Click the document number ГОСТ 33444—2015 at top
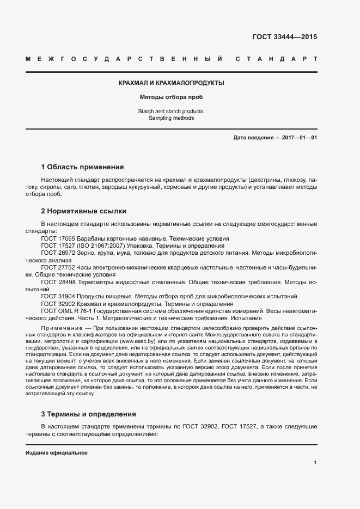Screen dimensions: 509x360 tap(284, 38)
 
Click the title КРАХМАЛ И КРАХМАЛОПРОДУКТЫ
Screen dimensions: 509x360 tap(172, 83)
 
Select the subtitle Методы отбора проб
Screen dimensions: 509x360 tap(172, 98)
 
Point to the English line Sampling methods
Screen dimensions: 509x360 tap(172, 118)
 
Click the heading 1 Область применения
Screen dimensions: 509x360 tap(83, 167)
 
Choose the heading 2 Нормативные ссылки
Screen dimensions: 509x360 tap(84, 210)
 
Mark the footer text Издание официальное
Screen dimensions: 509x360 tap(57, 453)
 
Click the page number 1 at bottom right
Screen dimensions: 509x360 tap(315, 463)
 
